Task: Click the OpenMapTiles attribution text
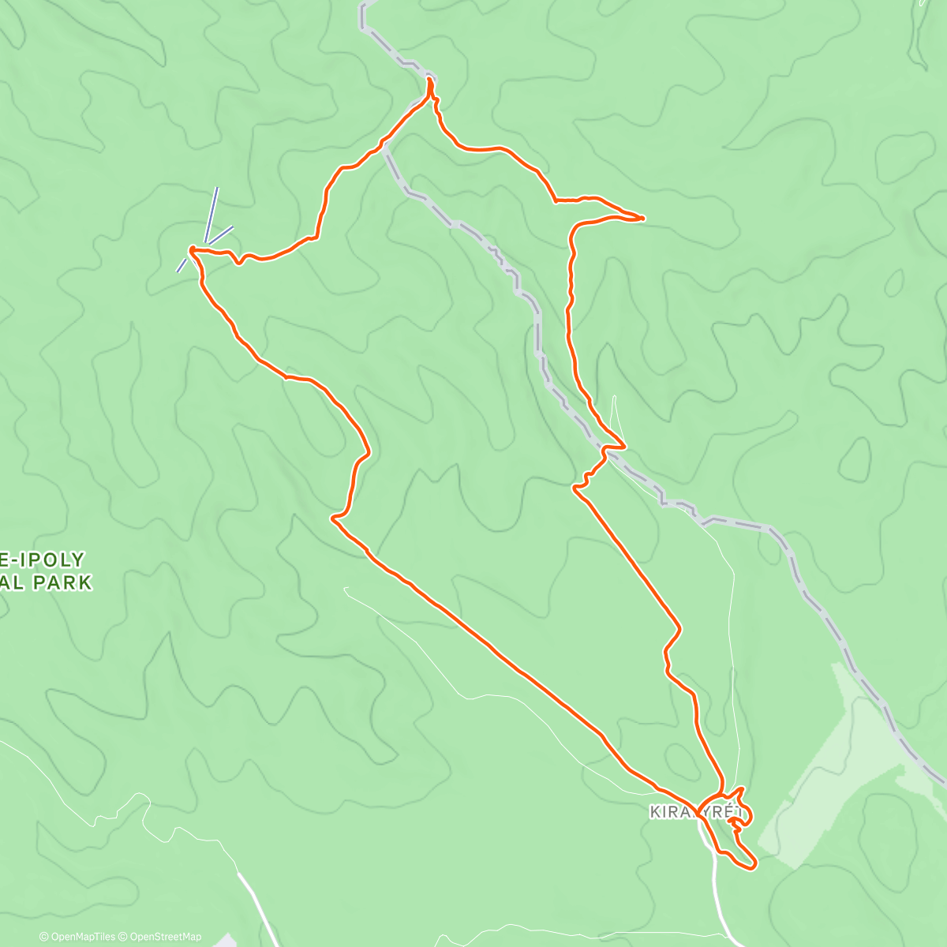pyautogui.click(x=84, y=937)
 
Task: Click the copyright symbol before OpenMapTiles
pyautogui.click(x=44, y=937)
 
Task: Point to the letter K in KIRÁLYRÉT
pyautogui.click(x=654, y=812)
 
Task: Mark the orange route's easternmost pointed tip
pyautogui.click(x=644, y=217)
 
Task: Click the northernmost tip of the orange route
pyautogui.click(x=430, y=79)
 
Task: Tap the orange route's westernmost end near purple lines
pyautogui.click(x=191, y=249)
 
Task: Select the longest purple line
pyautogui.click(x=211, y=215)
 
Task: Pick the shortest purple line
pyautogui.click(x=182, y=265)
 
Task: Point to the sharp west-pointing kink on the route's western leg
pyautogui.click(x=333, y=518)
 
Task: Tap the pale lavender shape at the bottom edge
pyautogui.click(x=225, y=941)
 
